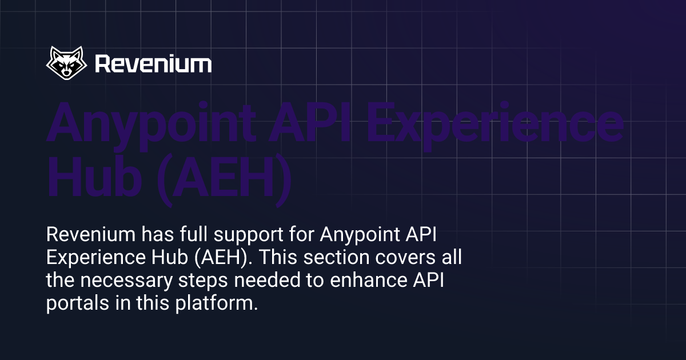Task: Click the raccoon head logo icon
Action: (x=66, y=63)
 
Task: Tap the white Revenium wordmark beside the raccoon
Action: (x=153, y=64)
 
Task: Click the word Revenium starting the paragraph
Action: (x=91, y=234)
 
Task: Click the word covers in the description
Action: (x=405, y=257)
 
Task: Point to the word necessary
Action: (x=126, y=281)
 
